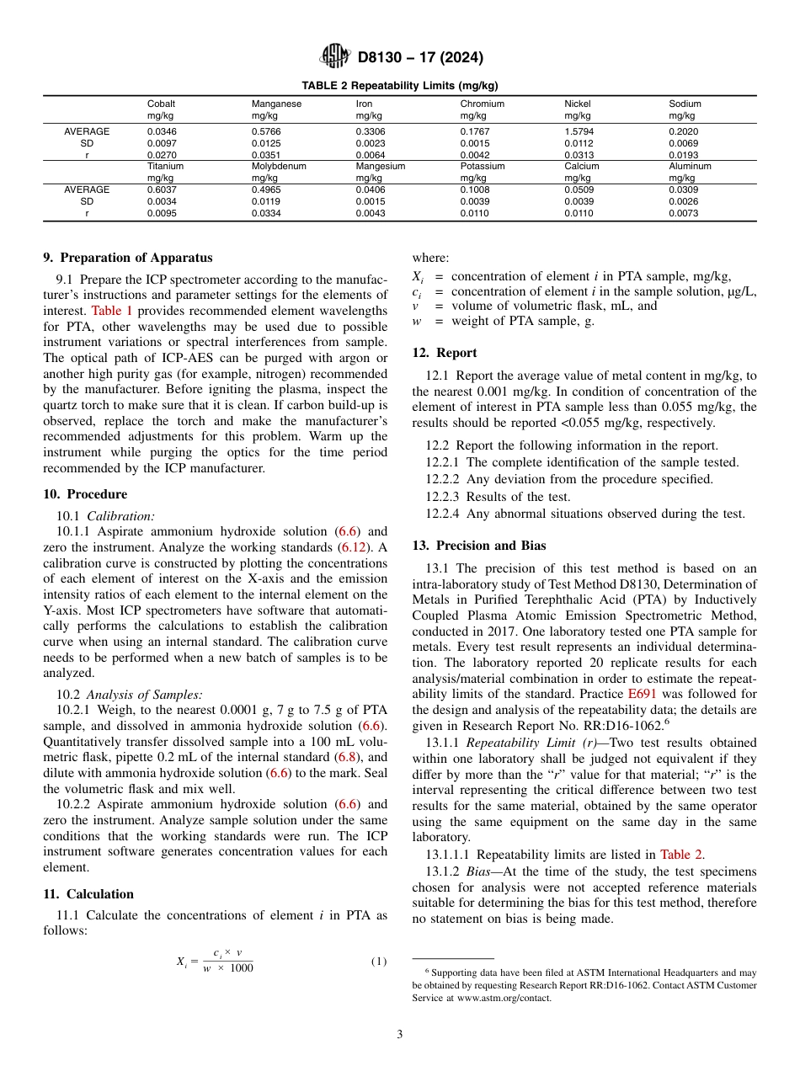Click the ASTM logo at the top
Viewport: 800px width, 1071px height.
click(335, 57)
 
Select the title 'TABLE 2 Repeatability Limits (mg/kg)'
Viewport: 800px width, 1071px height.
click(399, 86)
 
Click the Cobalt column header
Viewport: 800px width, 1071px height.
click(161, 104)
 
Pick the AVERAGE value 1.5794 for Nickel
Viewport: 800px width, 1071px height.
click(579, 131)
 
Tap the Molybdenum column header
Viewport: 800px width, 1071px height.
click(279, 166)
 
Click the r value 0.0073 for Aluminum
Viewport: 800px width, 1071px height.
click(683, 213)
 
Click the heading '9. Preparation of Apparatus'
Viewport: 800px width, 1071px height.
click(128, 258)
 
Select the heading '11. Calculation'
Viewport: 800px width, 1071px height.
click(88, 893)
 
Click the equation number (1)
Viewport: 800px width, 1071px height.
click(379, 961)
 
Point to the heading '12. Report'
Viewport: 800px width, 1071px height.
click(445, 353)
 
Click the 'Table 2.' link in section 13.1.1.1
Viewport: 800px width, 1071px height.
click(682, 855)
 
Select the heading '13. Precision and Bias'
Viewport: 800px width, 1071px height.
click(478, 546)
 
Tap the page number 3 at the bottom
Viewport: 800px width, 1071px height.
click(399, 1034)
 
